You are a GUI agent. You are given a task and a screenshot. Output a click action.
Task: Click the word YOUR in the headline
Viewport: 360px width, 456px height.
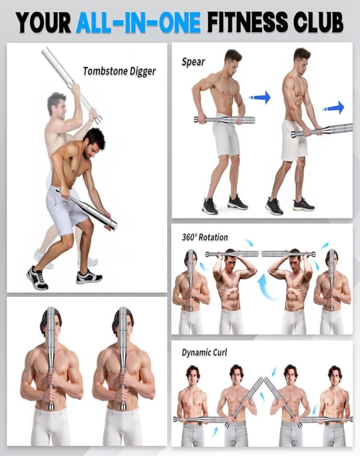coord(44,22)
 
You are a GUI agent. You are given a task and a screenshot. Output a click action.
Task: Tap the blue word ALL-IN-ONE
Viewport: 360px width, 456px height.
coord(138,22)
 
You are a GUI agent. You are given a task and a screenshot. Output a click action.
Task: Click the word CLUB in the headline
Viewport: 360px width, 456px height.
coord(318,22)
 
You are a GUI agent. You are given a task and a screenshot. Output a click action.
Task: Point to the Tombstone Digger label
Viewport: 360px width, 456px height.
coord(119,71)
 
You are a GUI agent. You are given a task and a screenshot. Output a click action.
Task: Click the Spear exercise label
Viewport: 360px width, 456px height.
coord(193,61)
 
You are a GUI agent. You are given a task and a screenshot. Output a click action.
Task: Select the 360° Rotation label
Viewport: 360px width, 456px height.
coord(205,237)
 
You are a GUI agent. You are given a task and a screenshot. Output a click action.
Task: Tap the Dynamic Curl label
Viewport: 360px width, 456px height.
coord(204,352)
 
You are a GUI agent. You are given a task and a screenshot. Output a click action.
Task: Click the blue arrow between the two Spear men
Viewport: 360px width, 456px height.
coord(260,97)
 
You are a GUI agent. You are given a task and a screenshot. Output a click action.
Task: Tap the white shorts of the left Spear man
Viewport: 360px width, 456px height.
coord(226,137)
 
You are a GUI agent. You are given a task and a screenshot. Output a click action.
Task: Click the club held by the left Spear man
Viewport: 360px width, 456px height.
coord(224,119)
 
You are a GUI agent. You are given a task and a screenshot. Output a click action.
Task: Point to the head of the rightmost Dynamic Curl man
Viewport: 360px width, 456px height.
coord(335,375)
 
